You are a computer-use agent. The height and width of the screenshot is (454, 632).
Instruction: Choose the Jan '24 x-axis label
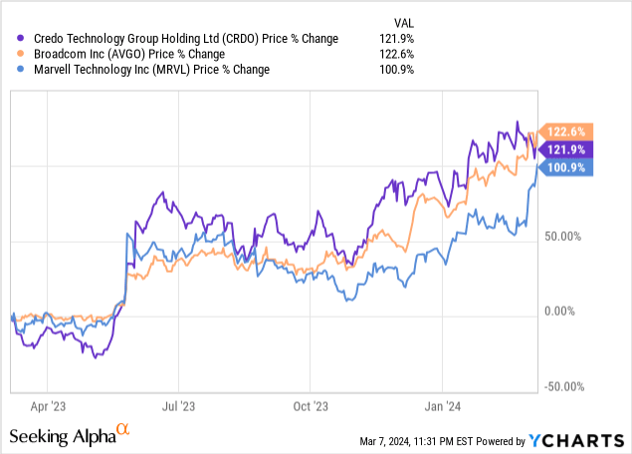[x=442, y=406]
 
